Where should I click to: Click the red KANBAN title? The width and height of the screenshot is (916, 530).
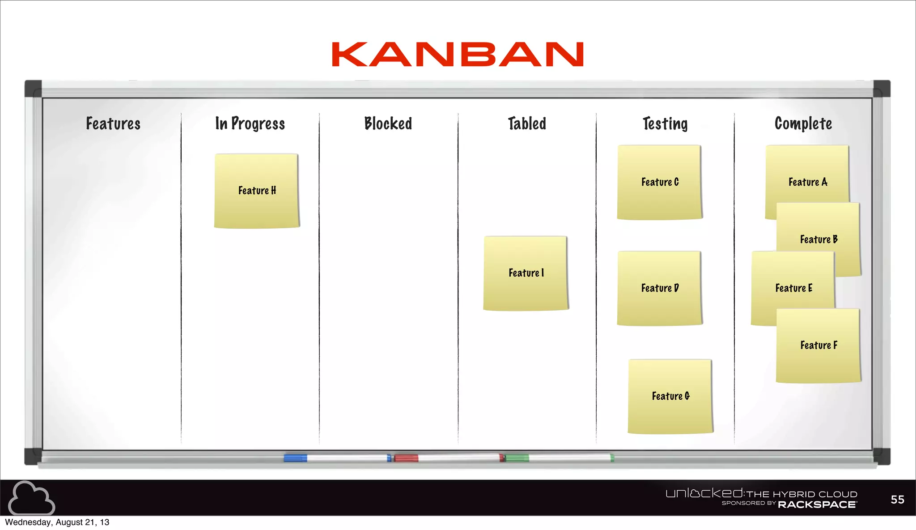(458, 55)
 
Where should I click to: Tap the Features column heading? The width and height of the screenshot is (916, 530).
(113, 124)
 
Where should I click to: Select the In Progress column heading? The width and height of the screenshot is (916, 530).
(250, 124)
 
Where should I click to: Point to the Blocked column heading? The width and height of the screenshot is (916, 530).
(388, 124)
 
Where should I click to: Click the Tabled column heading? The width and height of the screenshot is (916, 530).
(527, 124)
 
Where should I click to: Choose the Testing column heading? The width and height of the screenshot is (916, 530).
(665, 124)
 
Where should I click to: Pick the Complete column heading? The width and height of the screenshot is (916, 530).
(803, 124)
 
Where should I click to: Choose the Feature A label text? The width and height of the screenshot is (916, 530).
(808, 182)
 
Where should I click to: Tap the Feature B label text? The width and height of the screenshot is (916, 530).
(818, 239)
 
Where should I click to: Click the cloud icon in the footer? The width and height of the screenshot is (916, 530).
(31, 498)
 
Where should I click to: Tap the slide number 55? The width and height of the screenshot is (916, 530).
(897, 500)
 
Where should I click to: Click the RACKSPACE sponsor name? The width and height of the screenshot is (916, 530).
(817, 505)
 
